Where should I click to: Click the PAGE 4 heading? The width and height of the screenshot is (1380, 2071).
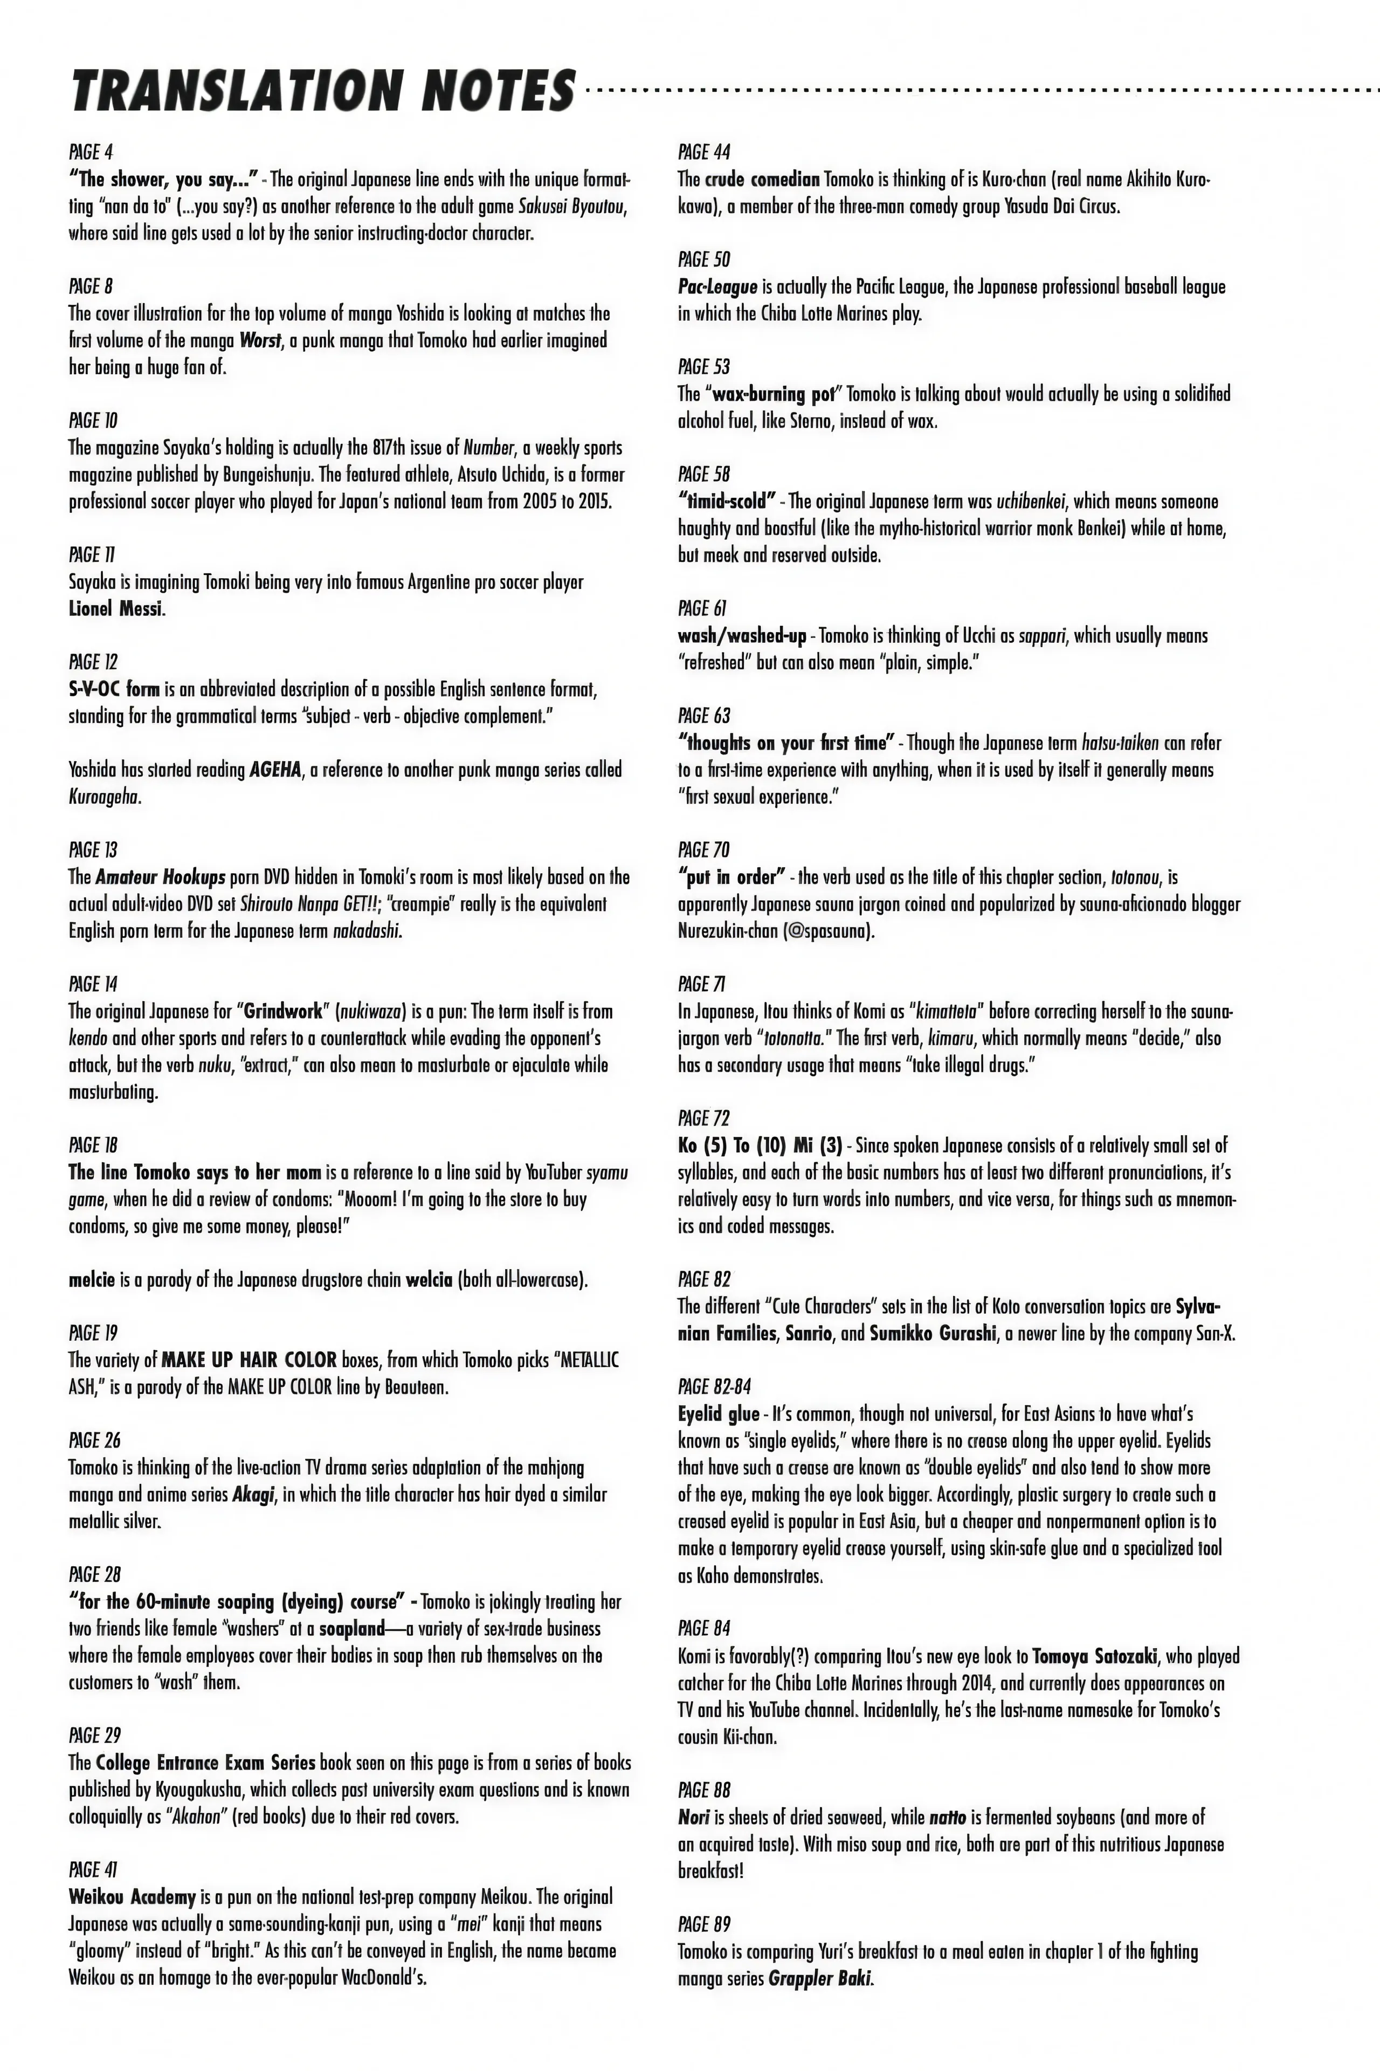pyautogui.click(x=91, y=152)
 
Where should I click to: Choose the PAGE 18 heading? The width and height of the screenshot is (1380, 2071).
pyautogui.click(x=92, y=1146)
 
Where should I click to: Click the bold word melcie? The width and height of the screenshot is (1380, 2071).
pyautogui.click(x=92, y=1279)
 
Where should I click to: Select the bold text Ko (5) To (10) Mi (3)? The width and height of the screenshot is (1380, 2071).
pyautogui.click(x=760, y=1146)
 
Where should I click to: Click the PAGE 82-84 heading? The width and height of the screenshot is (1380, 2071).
pyautogui.click(x=715, y=1387)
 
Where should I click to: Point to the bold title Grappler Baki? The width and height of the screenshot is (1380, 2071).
pyautogui.click(x=819, y=1979)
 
